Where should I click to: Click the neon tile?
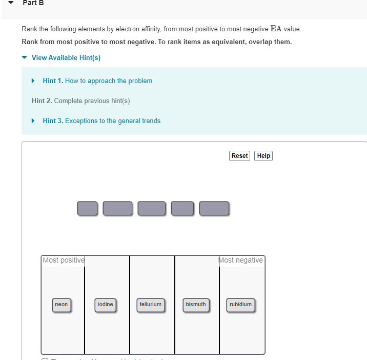62,305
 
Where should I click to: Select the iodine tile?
106,305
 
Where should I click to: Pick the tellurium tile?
151,305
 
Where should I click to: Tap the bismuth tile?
196,305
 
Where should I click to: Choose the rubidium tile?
241,305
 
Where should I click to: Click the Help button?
263,156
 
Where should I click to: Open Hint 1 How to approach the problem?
97,81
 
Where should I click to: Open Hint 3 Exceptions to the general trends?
101,121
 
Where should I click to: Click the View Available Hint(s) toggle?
66,57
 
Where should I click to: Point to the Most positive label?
64,260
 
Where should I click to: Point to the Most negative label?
241,260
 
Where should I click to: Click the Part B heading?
33,3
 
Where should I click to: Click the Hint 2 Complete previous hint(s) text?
80,101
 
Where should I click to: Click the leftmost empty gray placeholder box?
87,208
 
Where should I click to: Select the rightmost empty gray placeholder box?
214,208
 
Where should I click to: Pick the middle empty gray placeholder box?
152,208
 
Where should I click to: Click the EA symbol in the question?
276,28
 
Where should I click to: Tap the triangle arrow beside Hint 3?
33,121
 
